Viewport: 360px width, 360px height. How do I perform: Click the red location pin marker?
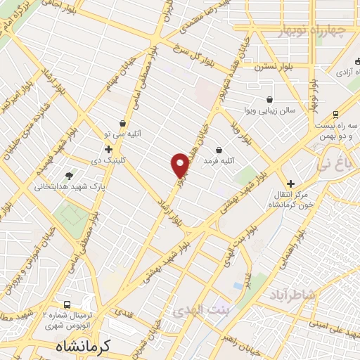tap(181, 165)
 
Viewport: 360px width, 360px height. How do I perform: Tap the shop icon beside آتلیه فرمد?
tap(219, 150)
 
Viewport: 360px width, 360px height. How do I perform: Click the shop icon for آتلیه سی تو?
tap(123, 124)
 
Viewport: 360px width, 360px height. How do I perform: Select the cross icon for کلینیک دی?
tap(108, 149)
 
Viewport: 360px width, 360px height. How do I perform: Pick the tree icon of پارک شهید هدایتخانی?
tap(69, 176)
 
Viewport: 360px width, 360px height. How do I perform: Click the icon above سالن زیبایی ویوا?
tap(270, 99)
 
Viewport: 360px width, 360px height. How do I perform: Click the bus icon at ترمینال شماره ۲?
tap(67, 305)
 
